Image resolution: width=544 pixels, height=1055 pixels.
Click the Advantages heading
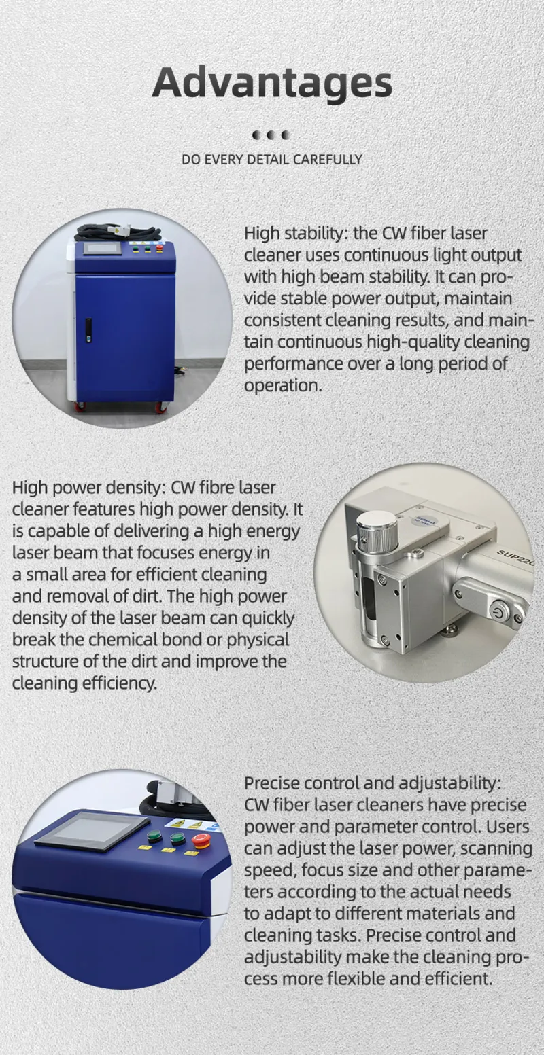point(272,83)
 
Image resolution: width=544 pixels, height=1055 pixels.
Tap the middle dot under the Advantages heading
point(271,135)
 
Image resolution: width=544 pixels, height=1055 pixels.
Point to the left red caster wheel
point(80,408)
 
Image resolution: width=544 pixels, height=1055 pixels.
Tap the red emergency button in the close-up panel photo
point(201,840)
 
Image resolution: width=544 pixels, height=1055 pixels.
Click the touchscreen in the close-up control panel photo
point(92,831)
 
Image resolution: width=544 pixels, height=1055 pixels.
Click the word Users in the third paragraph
point(501,827)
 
